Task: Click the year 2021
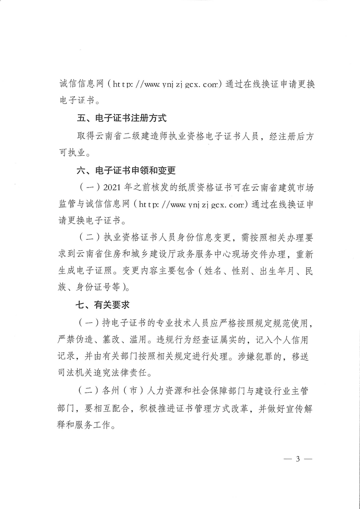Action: coord(113,188)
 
